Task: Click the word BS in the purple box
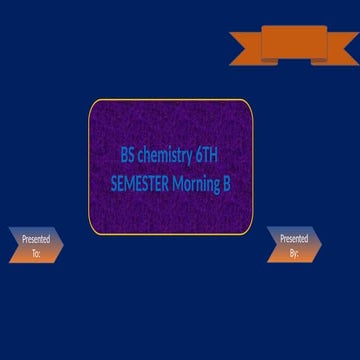[127, 156]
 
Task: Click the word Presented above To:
[36, 240]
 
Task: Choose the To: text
[36, 254]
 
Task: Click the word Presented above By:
[294, 239]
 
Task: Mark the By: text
[294, 253]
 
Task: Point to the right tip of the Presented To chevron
[63, 246]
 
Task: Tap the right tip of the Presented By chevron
[322, 245]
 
